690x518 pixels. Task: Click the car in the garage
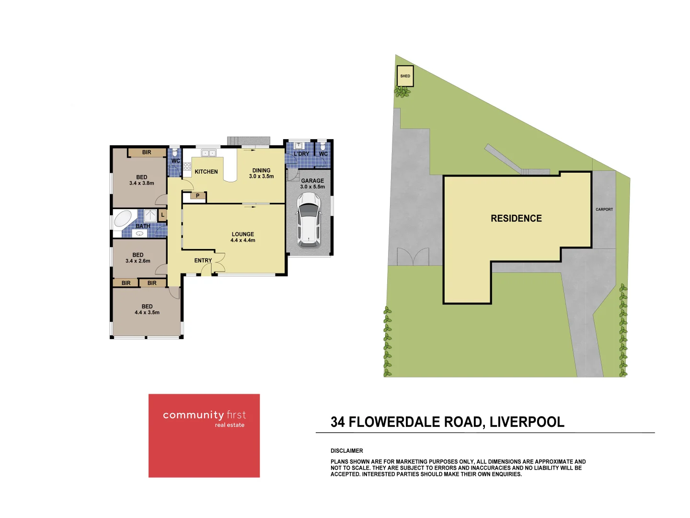(309, 220)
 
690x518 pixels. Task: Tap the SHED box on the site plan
(405, 76)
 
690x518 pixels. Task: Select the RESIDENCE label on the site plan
(516, 218)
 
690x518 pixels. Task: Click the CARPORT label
(604, 209)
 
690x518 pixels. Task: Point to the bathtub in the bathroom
(123, 219)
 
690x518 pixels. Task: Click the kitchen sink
(208, 153)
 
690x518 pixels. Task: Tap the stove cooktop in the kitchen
(187, 166)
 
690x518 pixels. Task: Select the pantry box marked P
(198, 196)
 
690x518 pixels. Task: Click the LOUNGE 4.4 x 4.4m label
(243, 237)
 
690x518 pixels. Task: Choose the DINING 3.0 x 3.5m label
(261, 173)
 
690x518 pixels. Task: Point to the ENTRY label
(203, 260)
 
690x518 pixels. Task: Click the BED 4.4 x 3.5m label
(147, 309)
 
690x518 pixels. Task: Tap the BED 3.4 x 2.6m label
(138, 258)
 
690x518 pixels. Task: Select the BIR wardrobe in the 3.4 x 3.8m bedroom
(147, 153)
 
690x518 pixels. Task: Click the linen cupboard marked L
(162, 215)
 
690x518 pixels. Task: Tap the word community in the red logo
(193, 415)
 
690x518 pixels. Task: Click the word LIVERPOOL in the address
(527, 422)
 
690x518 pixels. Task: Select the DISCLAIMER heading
(346, 451)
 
